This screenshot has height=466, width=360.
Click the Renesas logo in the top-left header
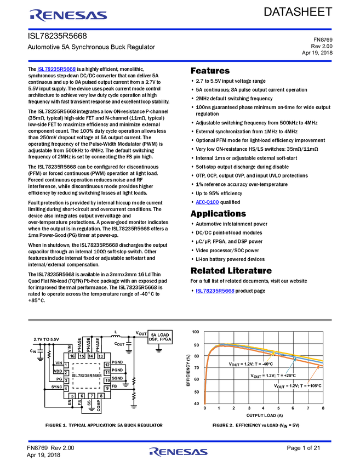pos(68,15)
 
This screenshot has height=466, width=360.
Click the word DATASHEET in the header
pos(298,12)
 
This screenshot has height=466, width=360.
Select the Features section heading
pos(210,71)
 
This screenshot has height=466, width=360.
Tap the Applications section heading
pos(218,214)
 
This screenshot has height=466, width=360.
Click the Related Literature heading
pos(231,271)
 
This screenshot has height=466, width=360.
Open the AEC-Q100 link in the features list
pos(207,202)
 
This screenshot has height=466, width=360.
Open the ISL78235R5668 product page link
pos(215,291)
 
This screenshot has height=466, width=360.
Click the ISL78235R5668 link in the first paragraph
pos(56,69)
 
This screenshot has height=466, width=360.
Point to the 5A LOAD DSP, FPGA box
pos(160,337)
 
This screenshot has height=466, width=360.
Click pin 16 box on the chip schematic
pos(72,356)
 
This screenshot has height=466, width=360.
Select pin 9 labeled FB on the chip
pos(107,388)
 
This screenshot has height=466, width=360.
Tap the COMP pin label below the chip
pos(99,406)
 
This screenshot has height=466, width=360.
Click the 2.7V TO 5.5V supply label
pos(47,339)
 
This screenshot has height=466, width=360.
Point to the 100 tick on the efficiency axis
pos(196,332)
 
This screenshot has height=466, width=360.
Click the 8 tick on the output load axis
pos(323,408)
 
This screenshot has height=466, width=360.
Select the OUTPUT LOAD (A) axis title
pos(264,415)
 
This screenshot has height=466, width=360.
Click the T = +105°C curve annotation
pos(298,386)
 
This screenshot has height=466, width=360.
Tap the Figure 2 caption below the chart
pos(256,425)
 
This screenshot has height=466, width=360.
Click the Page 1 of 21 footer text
pos(303,448)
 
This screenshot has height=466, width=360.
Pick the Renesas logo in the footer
pos(178,452)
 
